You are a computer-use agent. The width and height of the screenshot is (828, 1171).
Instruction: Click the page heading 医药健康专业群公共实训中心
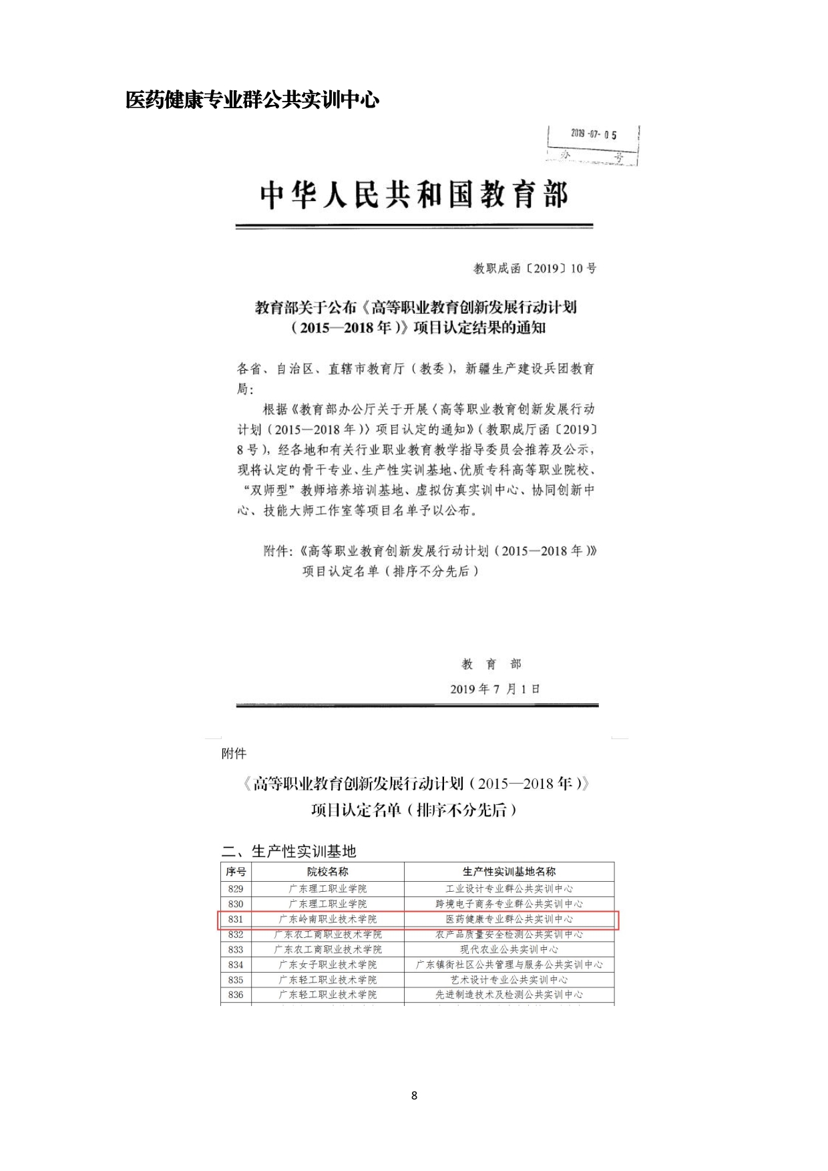point(252,100)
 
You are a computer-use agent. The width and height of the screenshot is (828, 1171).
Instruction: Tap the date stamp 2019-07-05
point(593,134)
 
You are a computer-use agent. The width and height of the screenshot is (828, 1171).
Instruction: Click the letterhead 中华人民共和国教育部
point(414,196)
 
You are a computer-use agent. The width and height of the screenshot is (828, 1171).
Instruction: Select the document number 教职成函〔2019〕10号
point(534,269)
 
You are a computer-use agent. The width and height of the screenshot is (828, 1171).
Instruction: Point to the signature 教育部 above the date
point(491,664)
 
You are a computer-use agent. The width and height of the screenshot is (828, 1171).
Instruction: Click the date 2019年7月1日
point(495,689)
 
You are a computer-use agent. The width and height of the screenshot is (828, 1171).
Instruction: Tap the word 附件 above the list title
point(234,754)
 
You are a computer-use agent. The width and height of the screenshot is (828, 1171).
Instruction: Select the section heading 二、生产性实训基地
point(288,851)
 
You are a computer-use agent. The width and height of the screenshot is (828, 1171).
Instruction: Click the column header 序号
point(236,872)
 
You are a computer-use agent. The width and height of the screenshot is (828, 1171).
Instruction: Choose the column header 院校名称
point(327,872)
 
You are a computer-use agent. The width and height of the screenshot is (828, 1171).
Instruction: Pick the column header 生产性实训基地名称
point(509,872)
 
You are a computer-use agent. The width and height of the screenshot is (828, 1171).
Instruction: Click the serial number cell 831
point(236,919)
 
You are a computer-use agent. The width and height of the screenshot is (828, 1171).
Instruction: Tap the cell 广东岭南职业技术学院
point(327,919)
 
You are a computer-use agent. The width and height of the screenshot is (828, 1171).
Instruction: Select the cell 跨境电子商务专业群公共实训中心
point(509,904)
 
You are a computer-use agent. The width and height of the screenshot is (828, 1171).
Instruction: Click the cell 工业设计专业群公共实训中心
point(509,888)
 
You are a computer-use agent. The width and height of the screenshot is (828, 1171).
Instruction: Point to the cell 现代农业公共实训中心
point(509,949)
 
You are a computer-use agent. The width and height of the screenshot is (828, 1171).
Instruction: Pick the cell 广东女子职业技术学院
point(327,965)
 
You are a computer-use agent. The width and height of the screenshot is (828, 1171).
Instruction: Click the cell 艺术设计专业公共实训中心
point(509,980)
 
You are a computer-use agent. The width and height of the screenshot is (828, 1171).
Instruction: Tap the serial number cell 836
point(236,995)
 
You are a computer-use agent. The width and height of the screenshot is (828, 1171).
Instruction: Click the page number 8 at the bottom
point(414,1096)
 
